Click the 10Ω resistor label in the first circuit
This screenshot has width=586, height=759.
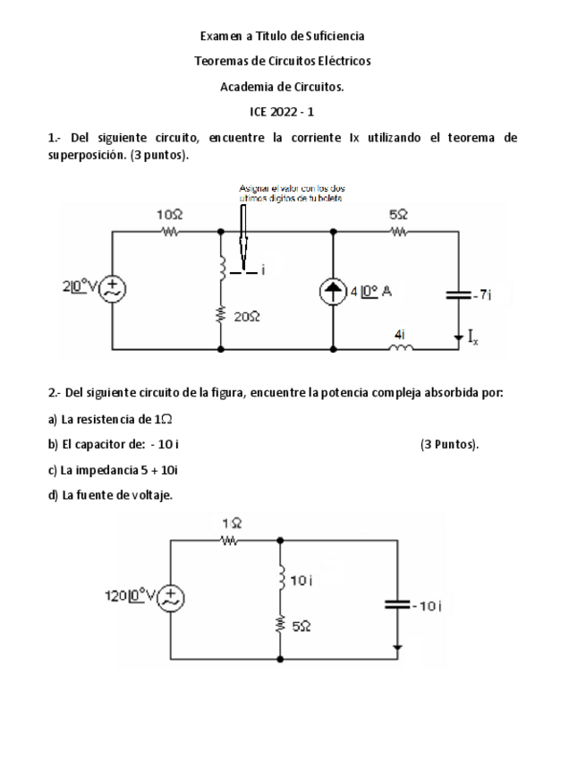point(169,217)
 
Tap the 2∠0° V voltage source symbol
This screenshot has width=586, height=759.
point(114,288)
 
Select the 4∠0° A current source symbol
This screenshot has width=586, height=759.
point(334,291)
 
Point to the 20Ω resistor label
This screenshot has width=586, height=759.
point(246,316)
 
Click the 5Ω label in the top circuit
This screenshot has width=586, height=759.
point(399,216)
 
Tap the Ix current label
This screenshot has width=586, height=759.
point(471,337)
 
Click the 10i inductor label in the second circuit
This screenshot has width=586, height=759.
point(303,580)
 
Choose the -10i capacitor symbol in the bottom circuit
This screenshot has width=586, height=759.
point(398,604)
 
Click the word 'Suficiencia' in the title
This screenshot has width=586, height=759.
point(335,36)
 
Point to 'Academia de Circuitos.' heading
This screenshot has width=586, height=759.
point(282,87)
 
